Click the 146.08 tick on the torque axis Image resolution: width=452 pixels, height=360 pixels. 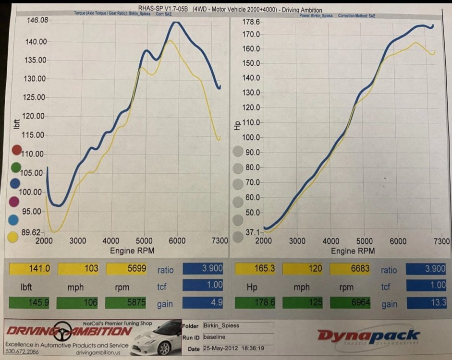tap(37, 20)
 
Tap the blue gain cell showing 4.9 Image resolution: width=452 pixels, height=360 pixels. tap(204, 303)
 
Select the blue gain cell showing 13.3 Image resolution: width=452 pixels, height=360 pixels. tap(427, 303)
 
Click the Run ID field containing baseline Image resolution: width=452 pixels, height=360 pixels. tap(237, 337)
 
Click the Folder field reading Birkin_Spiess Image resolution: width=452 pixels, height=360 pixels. tap(237, 326)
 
